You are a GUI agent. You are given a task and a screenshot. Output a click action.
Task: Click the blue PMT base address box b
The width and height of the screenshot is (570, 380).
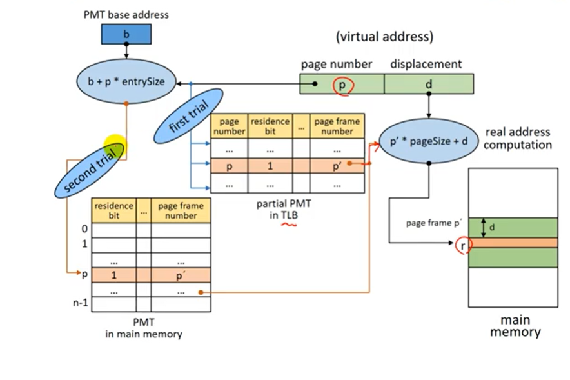tap(126, 34)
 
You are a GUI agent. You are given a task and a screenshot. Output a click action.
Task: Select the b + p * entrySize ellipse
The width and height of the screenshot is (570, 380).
tap(126, 81)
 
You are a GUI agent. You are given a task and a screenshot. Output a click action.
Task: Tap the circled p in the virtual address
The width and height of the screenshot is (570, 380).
tap(342, 86)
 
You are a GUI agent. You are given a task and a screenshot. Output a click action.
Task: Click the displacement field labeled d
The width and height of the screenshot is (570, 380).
tap(429, 84)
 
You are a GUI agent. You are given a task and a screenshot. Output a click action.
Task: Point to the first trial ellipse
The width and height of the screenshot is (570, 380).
tap(188, 115)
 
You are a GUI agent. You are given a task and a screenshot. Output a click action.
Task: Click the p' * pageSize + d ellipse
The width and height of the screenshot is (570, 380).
tap(429, 141)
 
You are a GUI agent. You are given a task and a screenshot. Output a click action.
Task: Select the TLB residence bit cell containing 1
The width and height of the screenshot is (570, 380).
tap(270, 166)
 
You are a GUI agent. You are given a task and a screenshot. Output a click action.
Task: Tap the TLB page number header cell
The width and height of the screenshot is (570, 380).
tap(229, 126)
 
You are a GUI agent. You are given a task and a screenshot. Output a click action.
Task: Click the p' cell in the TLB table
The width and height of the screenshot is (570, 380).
tap(337, 166)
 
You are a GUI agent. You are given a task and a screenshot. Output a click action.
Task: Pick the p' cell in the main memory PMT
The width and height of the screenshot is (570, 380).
tap(181, 275)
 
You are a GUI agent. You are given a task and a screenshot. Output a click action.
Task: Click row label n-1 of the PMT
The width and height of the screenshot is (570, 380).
tap(81, 303)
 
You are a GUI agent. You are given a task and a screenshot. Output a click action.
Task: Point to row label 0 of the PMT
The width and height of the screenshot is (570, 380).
tap(84, 229)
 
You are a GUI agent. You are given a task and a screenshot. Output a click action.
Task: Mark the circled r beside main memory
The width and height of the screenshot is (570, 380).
tap(463, 246)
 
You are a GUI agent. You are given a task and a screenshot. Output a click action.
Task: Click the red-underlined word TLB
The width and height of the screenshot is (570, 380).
tap(289, 215)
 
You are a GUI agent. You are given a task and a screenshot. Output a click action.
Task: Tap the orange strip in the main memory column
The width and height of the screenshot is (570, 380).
tap(513, 243)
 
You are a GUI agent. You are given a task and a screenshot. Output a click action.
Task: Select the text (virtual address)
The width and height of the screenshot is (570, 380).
tap(384, 37)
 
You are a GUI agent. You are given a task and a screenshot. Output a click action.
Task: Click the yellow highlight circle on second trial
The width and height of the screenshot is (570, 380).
tap(115, 146)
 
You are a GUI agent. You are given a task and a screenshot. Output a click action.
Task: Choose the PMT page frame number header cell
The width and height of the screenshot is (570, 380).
tap(181, 210)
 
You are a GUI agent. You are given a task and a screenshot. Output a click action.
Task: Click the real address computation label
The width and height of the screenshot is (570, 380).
tap(518, 138)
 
